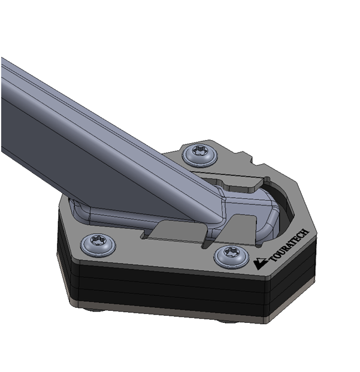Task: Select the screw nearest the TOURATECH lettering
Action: pyautogui.click(x=231, y=257)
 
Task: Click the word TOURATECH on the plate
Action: pyautogui.click(x=289, y=246)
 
